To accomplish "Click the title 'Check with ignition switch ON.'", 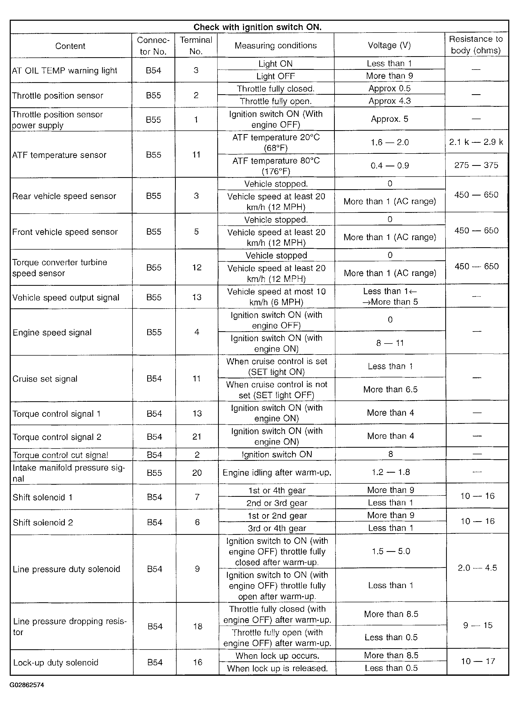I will pyautogui.click(x=257, y=27).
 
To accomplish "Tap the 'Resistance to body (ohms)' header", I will pyautogui.click(x=476, y=45).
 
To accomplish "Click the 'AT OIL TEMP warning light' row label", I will pyautogui.click(x=64, y=70).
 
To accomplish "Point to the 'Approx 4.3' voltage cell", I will pyautogui.click(x=389, y=101).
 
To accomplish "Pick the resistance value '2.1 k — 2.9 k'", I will pyautogui.click(x=476, y=142).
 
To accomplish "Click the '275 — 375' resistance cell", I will pyautogui.click(x=476, y=165).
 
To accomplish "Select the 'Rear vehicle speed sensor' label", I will pyautogui.click(x=64, y=196).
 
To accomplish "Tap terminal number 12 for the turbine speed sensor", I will pyautogui.click(x=197, y=267).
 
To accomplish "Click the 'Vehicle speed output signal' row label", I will pyautogui.click(x=66, y=298).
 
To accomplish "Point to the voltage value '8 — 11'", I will pyautogui.click(x=390, y=343).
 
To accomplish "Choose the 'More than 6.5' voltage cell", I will pyautogui.click(x=390, y=389).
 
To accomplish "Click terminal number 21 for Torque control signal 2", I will pyautogui.click(x=197, y=436).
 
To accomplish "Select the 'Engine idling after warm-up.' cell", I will pyautogui.click(x=277, y=473).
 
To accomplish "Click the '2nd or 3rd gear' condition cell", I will pyautogui.click(x=277, y=503).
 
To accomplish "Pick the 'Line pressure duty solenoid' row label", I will pyautogui.click(x=66, y=569).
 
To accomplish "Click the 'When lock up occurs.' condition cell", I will pyautogui.click(x=277, y=656).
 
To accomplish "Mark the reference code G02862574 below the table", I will pyautogui.click(x=27, y=685).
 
